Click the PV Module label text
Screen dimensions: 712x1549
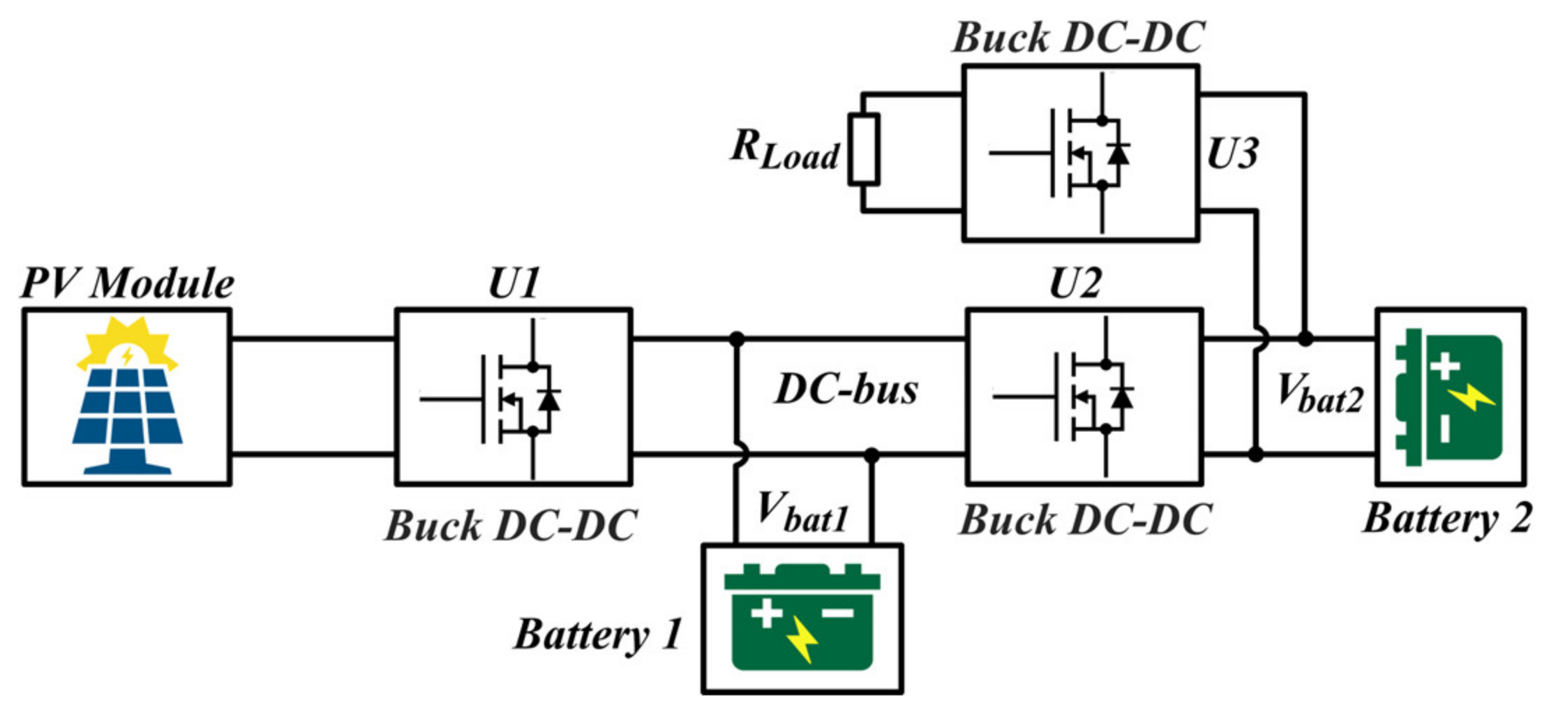[x=127, y=284]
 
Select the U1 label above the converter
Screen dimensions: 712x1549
[x=514, y=284]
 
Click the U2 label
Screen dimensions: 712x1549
[x=1075, y=284]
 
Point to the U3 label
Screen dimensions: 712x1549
[x=1232, y=154]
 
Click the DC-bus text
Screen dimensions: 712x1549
[x=846, y=390]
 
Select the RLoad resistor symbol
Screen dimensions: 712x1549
[x=863, y=149]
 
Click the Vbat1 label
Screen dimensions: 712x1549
[x=802, y=513]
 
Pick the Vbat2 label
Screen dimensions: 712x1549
[x=1319, y=394]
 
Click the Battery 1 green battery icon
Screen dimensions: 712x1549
[x=802, y=617]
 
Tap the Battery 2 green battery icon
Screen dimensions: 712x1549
[x=1448, y=396]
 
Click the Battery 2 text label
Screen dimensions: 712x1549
[x=1447, y=519]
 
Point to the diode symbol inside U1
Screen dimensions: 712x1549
[x=549, y=399]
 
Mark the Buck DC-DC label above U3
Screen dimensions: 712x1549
[x=1079, y=38]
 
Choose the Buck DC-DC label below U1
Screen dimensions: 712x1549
[x=511, y=526]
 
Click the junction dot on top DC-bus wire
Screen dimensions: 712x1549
[x=736, y=339]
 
